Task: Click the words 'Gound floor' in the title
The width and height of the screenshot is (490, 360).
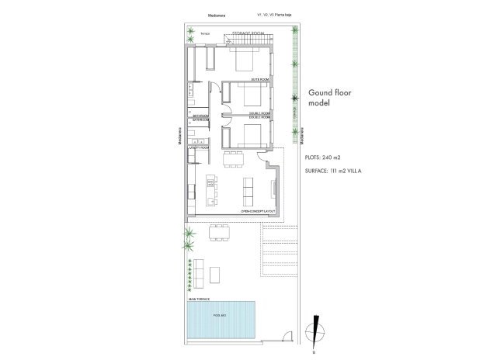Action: (332, 92)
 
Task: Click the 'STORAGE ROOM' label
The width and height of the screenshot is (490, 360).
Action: (248, 34)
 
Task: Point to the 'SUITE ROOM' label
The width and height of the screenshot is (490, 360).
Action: (259, 80)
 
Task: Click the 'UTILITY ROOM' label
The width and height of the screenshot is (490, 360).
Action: (200, 147)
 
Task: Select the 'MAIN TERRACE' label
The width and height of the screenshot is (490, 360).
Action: (197, 298)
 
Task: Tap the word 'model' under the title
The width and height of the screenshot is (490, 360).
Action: (320, 103)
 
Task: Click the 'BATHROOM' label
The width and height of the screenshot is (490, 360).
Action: (201, 116)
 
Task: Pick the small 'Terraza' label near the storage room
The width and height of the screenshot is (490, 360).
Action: (206, 34)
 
